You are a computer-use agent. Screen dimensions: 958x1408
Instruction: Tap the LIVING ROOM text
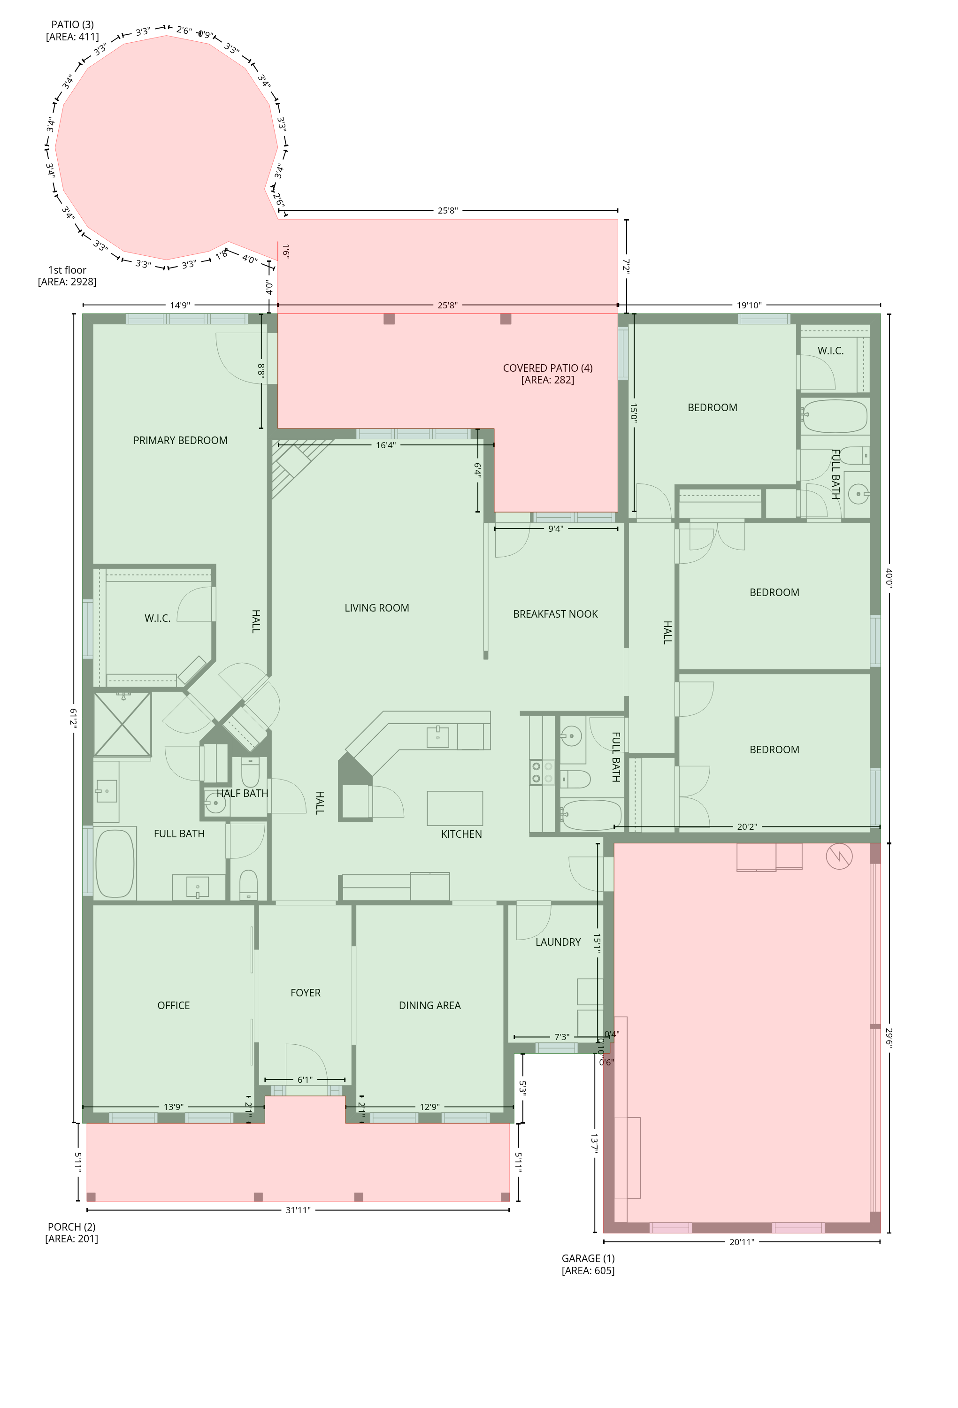[x=376, y=608]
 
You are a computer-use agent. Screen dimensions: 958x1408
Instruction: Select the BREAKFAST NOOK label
[x=555, y=614]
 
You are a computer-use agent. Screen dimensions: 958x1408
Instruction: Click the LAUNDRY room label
[x=558, y=941]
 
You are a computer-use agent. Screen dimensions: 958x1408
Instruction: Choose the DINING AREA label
[x=429, y=1005]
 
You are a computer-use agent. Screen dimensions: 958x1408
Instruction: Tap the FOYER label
[x=306, y=992]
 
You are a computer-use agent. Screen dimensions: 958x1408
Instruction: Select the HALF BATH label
[x=242, y=793]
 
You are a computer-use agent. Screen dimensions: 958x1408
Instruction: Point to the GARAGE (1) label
[x=588, y=1258]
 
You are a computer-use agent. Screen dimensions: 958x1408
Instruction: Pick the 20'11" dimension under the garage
[x=742, y=1241]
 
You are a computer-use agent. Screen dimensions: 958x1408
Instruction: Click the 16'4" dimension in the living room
[x=385, y=445]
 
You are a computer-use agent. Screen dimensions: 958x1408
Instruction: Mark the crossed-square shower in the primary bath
[x=123, y=724]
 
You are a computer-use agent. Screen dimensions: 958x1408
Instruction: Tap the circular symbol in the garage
[x=839, y=856]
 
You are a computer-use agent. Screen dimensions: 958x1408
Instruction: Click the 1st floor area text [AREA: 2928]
[x=67, y=282]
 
